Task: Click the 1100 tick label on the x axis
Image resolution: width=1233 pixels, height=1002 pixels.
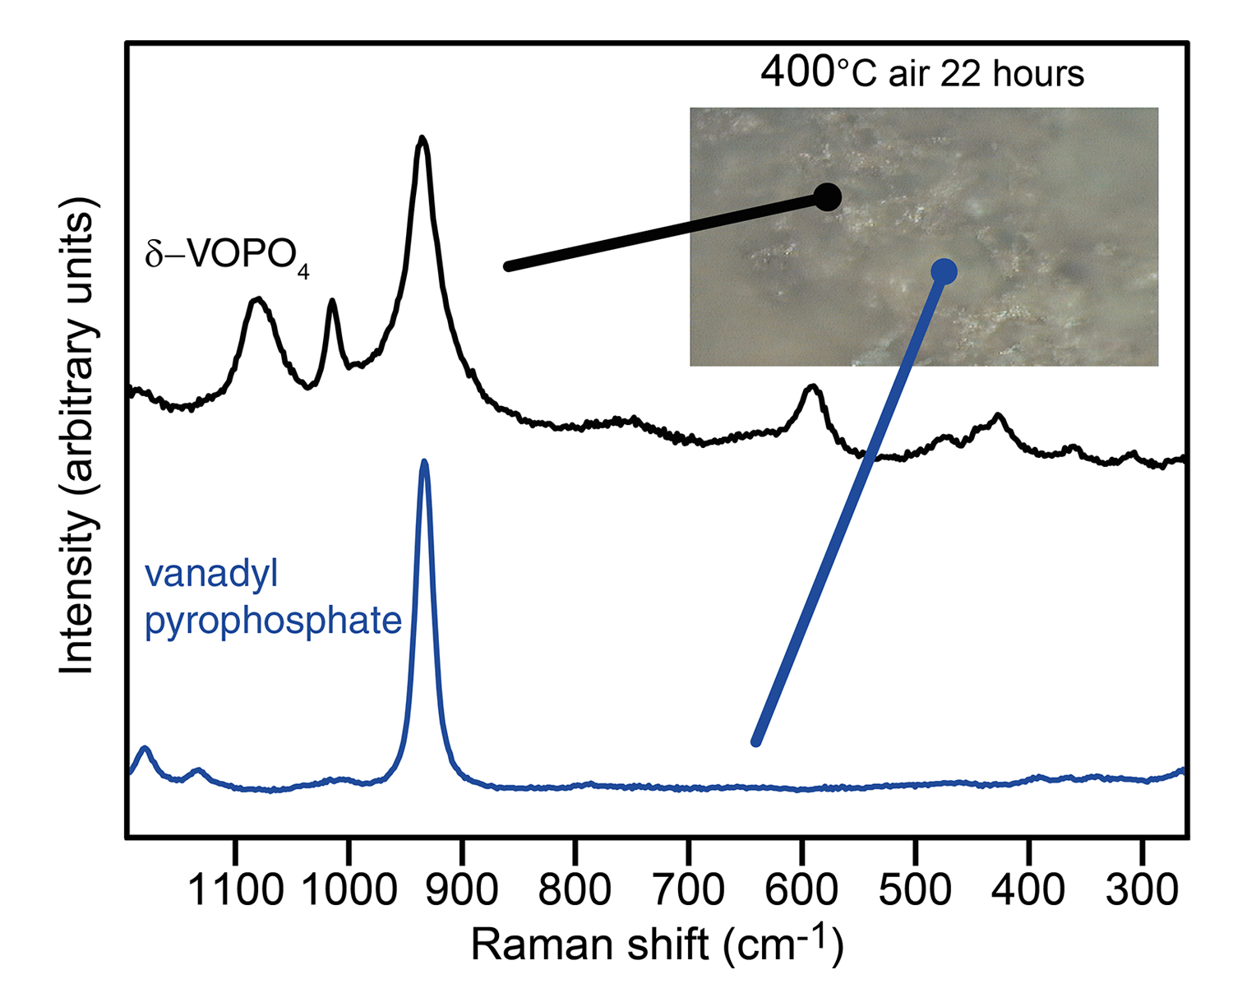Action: pos(236,890)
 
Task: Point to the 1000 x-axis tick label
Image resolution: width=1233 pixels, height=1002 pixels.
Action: pos(349,890)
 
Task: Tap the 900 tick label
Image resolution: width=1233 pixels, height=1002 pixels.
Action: pos(463,890)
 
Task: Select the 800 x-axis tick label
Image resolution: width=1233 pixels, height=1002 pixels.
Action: pos(575,890)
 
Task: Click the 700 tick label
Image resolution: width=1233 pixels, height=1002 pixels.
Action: pos(689,890)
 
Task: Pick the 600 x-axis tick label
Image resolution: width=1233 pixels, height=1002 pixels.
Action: pos(801,890)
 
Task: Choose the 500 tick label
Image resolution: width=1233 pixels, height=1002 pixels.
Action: pos(915,890)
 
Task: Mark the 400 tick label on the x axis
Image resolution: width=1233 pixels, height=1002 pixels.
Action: pos(1028,890)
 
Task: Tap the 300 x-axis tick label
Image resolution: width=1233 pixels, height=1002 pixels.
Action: pos(1141,890)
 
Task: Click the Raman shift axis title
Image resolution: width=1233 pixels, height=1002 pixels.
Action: pos(657,944)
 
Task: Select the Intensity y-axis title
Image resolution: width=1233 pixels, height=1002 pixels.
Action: pos(78,436)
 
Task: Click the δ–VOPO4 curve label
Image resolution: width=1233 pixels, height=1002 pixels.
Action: pos(227,256)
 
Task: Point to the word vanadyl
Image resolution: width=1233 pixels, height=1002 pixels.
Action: pos(211,573)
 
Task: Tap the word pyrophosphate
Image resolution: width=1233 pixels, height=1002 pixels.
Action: pos(273,621)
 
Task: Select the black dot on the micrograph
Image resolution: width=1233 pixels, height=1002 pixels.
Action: pos(827,197)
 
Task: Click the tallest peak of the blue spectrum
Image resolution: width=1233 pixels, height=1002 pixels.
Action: pos(424,463)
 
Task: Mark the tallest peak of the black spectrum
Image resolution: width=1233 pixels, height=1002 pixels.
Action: pos(422,139)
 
